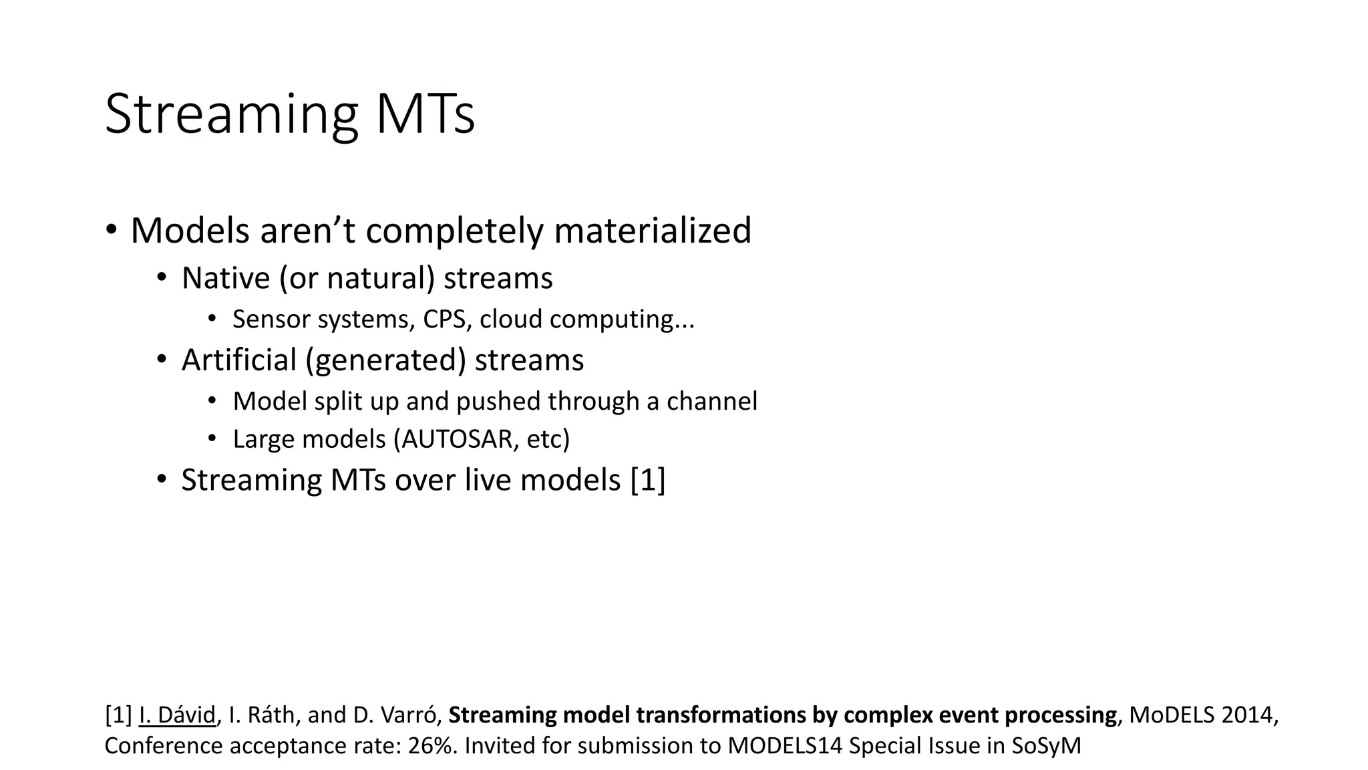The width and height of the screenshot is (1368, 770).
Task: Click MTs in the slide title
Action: pyautogui.click(x=425, y=115)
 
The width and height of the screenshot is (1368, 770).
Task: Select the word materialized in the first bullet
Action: pyautogui.click(x=653, y=231)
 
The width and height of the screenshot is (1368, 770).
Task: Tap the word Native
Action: pyautogui.click(x=225, y=278)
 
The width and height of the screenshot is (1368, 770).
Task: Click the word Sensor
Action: pyautogui.click(x=271, y=319)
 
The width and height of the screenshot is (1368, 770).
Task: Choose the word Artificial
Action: pyautogui.click(x=238, y=360)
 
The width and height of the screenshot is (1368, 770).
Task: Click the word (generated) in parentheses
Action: pyautogui.click(x=385, y=361)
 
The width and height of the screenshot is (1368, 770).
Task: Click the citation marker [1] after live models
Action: pyautogui.click(x=648, y=481)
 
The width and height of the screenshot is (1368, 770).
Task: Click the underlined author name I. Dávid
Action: pyautogui.click(x=177, y=715)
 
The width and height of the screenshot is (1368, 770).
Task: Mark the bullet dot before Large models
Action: pyautogui.click(x=212, y=439)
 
